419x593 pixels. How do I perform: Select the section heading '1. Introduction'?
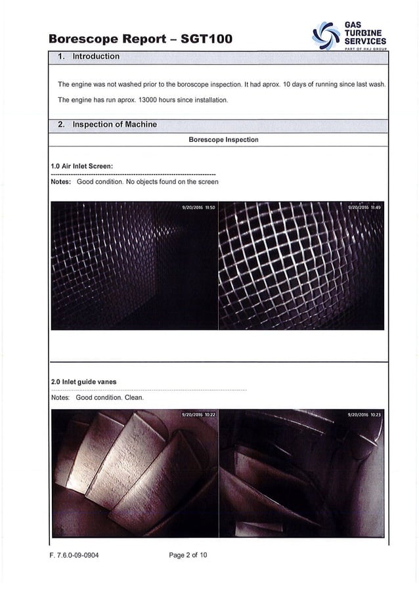tap(89, 56)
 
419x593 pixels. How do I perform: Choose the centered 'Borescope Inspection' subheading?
tap(223, 140)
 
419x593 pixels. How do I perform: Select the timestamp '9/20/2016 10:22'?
tap(198, 415)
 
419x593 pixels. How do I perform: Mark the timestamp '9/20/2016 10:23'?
tap(365, 415)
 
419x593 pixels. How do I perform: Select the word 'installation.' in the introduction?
tap(209, 100)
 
